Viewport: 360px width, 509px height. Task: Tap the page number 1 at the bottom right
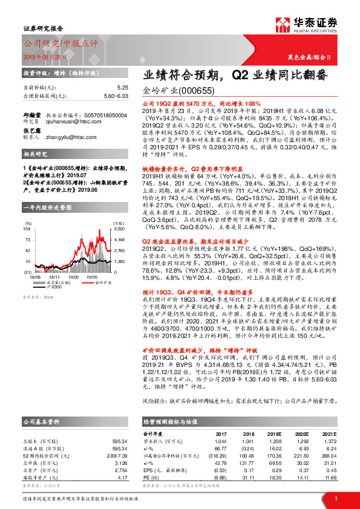336,498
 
